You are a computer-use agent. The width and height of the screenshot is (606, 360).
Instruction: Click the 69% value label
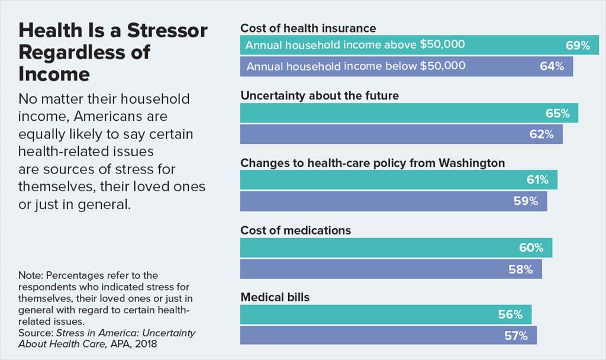click(577, 46)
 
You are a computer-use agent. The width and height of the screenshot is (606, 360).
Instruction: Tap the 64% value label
click(552, 66)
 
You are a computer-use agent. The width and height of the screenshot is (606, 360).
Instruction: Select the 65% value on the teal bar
click(557, 113)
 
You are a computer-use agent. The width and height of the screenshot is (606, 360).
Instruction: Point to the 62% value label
click(541, 134)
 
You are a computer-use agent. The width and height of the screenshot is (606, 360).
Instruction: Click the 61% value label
click(537, 180)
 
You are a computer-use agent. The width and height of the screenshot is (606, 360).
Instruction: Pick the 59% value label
click(526, 201)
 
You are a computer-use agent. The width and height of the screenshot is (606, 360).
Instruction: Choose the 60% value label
click(531, 247)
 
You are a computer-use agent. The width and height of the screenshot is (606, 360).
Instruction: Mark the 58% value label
click(521, 269)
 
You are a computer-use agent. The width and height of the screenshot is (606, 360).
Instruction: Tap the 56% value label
click(510, 314)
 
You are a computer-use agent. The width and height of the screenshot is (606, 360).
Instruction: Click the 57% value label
click(515, 336)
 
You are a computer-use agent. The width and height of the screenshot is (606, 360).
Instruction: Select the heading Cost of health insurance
click(308, 28)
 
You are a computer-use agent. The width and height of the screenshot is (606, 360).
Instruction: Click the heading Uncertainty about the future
click(320, 95)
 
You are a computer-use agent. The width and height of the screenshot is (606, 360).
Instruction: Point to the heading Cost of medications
click(295, 230)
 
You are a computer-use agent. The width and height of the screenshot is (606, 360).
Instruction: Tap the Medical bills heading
click(275, 297)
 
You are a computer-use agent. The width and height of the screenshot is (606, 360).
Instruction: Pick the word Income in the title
click(54, 75)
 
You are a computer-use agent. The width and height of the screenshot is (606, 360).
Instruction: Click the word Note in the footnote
click(30, 276)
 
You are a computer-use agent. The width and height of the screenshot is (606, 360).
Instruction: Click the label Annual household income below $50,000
click(356, 66)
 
